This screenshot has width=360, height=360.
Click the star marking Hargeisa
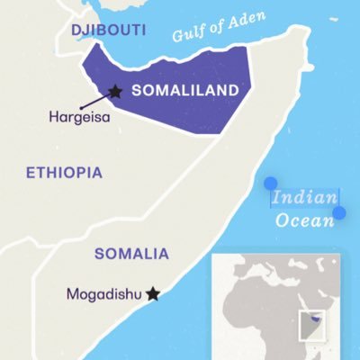tap(115, 91)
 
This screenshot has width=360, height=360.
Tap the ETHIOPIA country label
tap(65, 172)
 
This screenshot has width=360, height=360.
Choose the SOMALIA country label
tap(130, 253)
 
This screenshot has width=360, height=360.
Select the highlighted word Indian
tap(305, 198)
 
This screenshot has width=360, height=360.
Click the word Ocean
tap(301, 220)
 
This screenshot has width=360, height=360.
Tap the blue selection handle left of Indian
tap(270, 184)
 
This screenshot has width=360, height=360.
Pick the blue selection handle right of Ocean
tap(339, 213)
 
